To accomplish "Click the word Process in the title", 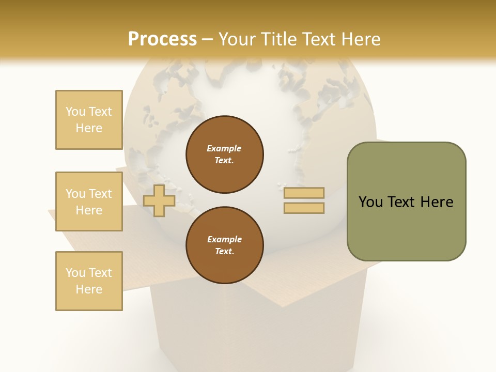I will coord(162,39).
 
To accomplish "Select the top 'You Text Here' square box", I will coord(89,120).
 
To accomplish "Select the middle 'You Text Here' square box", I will coord(89,202).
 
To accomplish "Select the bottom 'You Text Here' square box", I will coord(89,281).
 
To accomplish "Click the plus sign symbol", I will coord(159,200).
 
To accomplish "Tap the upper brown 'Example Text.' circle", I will coord(224,154).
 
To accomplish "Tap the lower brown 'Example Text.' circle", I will coord(224,245).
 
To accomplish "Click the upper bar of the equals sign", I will coord(304,193).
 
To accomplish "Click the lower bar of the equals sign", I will coord(304,208).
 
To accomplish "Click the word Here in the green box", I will coord(437,202).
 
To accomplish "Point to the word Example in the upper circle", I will coord(224,149).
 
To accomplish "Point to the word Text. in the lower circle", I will coord(224,252).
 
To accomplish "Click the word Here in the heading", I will coord(360,39).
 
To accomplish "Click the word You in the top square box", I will coord(75,112).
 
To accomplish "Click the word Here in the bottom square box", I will coord(89,289).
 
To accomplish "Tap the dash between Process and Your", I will coord(208,39).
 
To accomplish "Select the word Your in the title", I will coord(238,39).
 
